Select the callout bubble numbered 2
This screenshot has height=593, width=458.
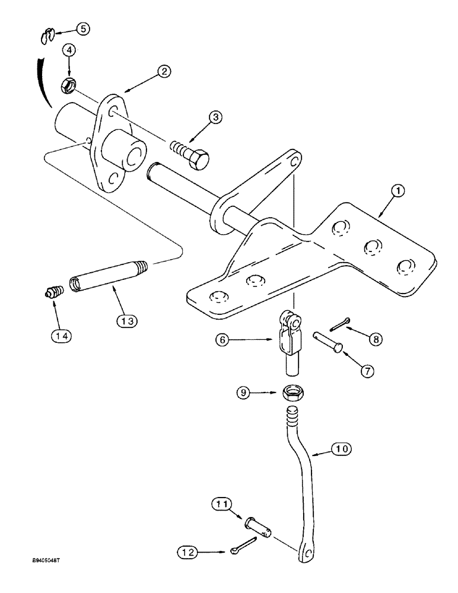pyautogui.click(x=164, y=71)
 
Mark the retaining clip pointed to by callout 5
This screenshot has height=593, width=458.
pyautogui.click(x=47, y=36)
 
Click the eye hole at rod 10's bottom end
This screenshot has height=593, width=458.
pyautogui.click(x=306, y=554)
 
